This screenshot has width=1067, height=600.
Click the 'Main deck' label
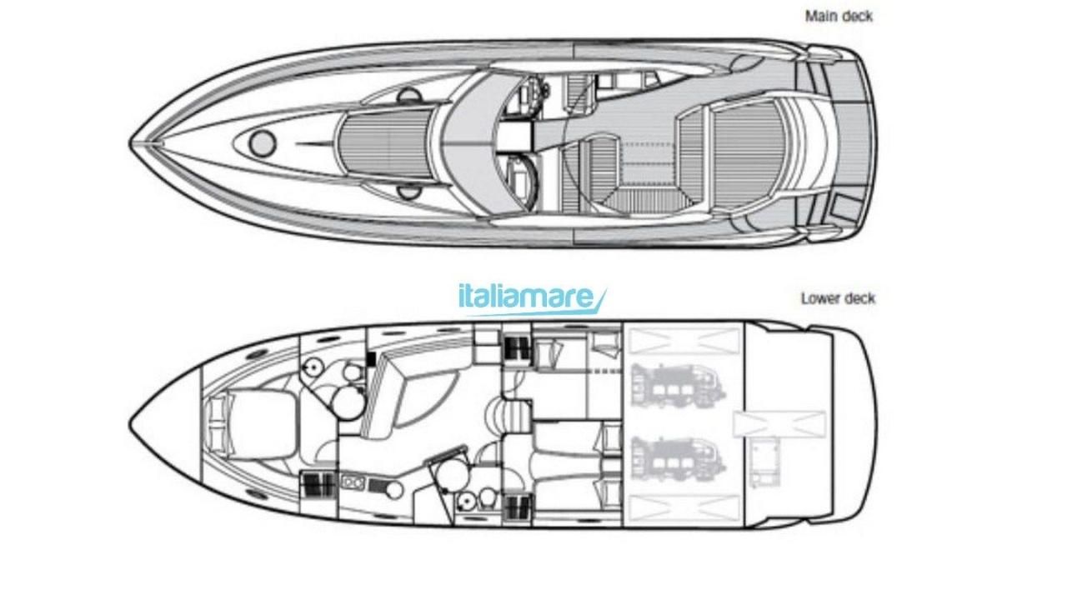[839, 16]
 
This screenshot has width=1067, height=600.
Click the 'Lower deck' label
[838, 298]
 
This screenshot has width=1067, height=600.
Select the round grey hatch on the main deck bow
[263, 143]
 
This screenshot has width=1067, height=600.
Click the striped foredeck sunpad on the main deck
[386, 142]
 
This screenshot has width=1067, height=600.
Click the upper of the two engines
[677, 386]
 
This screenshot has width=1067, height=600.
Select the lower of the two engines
[677, 459]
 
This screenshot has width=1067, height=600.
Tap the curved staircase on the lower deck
[509, 416]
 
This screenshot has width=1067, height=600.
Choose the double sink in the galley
[353, 482]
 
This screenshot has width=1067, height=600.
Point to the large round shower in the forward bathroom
[348, 402]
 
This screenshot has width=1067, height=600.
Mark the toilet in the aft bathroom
[488, 499]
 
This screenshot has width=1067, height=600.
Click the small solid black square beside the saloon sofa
[371, 359]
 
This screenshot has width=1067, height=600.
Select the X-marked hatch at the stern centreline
[779, 424]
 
